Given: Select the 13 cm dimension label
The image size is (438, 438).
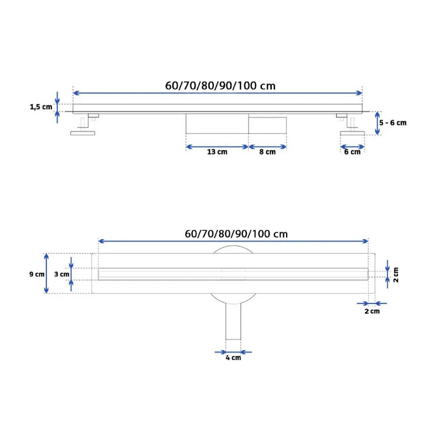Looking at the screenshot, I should click(217, 152).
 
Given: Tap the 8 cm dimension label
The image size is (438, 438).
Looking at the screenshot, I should click(268, 152).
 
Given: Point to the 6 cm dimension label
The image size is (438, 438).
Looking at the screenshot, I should click(352, 152).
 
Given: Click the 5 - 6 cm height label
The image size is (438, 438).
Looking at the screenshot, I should click(393, 123).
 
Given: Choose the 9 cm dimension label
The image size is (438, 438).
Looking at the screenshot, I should click(37, 274).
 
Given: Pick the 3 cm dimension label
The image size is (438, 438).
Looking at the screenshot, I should click(62, 274).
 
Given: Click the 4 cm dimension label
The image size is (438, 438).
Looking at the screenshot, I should click(233, 358).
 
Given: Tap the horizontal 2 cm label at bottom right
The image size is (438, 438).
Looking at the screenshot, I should click(372, 311).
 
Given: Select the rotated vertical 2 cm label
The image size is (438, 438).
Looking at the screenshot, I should click(396, 275).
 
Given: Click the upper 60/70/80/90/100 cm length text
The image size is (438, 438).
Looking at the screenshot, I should click(220, 85).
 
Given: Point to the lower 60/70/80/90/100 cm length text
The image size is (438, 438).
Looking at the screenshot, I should click(237, 233).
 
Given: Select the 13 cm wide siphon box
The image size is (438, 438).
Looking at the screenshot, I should click(217, 124).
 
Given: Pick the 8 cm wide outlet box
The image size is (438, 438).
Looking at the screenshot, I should click(268, 125).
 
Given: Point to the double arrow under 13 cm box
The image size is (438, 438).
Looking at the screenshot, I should click(217, 146).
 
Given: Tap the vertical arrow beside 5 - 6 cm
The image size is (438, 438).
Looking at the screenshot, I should click(378, 123).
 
